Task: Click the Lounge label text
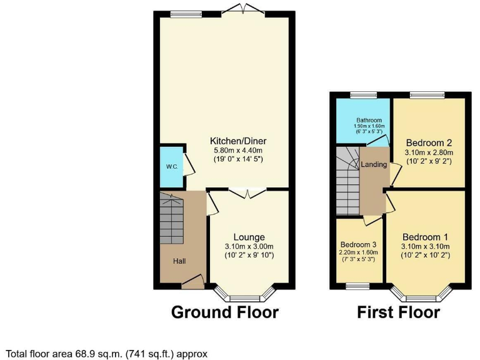pos(249,237)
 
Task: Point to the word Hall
pos(179,261)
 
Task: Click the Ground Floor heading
pos(224,312)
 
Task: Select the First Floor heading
pos(398,312)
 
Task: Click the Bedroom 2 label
pos(429,142)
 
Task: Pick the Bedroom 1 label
pos(425,237)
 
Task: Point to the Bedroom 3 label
pos(358,244)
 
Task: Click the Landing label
pos(374,165)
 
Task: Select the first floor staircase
pos(347,181)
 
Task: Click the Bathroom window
pos(359,95)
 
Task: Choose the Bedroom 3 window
pos(357,286)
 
